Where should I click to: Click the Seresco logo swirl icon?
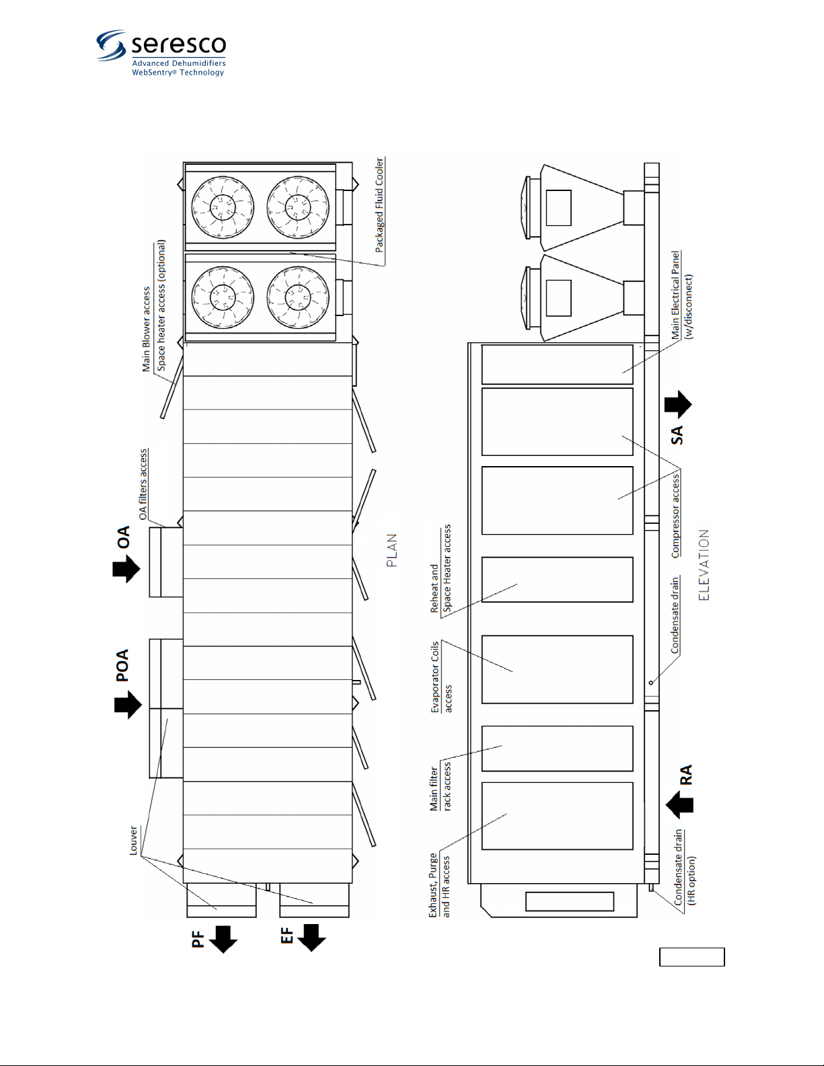coord(111,45)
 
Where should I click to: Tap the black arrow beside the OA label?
coord(126,568)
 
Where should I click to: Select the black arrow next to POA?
coord(128,705)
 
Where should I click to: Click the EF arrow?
coord(311,938)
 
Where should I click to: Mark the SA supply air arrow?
coord(678,404)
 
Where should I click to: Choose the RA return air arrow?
coord(679,804)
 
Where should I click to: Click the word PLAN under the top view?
coord(392,550)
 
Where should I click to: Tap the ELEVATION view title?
coord(704,565)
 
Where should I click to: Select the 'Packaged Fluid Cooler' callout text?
coord(379,205)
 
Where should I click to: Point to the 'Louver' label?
coord(133,840)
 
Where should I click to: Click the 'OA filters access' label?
coord(143,484)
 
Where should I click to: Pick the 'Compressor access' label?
coord(675,516)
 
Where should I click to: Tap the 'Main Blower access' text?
coord(146,329)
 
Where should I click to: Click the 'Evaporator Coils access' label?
coord(441,677)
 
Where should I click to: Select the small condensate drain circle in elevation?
coord(651,683)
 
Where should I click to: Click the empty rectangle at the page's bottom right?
coord(691,957)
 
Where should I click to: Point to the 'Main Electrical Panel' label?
coord(675,295)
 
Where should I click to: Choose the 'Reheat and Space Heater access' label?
coord(441,568)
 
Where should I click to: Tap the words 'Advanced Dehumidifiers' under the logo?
coord(178,63)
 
